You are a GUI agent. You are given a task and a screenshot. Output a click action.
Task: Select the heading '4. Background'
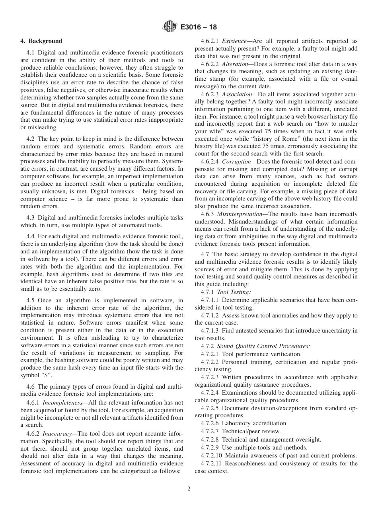point(41,41)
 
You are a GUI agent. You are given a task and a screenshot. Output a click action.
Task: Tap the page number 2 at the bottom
point(189,489)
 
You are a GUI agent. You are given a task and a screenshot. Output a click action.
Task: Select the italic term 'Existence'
point(234,41)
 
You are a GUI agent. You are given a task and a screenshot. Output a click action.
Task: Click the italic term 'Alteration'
point(235,64)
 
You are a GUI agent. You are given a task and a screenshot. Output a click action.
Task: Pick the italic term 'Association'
point(237,94)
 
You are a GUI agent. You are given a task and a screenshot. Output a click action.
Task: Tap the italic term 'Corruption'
point(237,162)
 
